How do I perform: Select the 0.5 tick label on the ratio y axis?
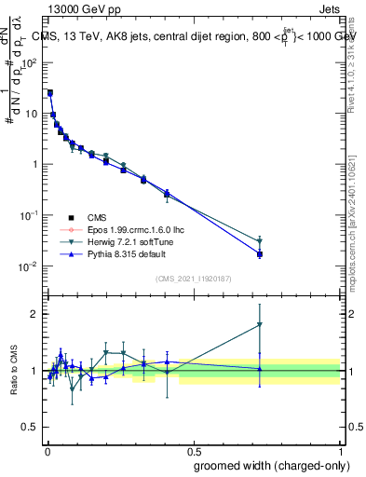click(30, 429)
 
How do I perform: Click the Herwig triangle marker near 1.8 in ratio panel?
click(260, 324)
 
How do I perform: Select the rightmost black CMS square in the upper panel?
click(260, 254)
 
